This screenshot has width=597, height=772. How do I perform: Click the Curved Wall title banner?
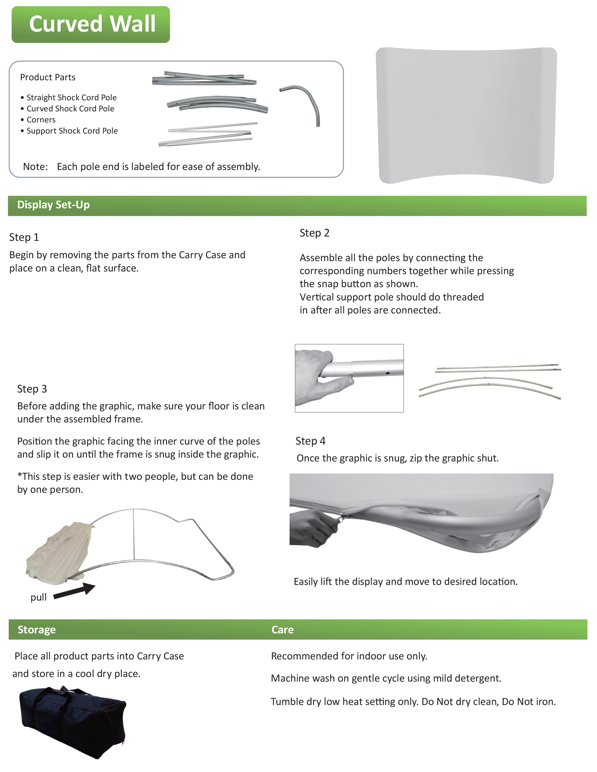point(91,24)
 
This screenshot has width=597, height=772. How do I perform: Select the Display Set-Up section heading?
point(53,205)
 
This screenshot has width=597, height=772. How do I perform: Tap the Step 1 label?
point(24,237)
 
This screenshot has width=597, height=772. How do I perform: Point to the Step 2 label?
point(314,233)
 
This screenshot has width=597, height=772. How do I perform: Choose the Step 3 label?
point(32,389)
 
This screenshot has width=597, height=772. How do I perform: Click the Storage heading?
point(37,630)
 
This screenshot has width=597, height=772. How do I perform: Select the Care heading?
point(282,630)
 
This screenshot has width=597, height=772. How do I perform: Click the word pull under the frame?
point(39,597)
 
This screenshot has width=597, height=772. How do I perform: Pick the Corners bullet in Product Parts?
point(41,120)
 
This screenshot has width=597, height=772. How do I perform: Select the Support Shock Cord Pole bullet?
point(72,131)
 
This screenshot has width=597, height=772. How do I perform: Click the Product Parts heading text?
point(48,77)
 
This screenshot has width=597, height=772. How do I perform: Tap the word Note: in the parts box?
point(35,167)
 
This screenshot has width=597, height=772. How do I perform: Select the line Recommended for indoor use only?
point(349,656)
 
